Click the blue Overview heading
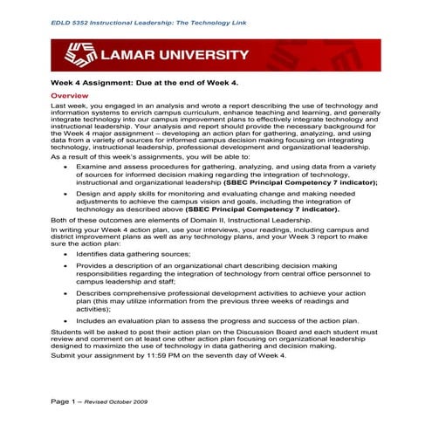click(x=71, y=94)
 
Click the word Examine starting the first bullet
click(x=93, y=164)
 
